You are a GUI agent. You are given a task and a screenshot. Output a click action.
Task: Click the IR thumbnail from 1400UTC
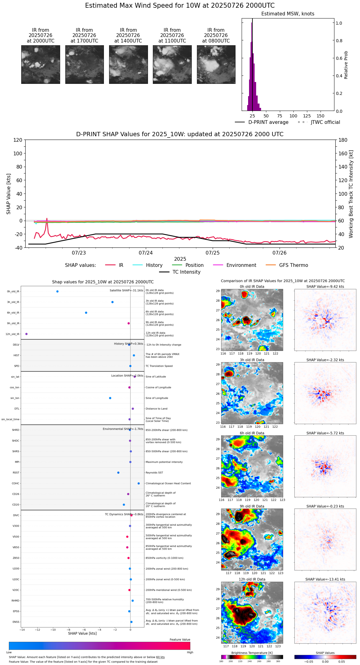point(128,64)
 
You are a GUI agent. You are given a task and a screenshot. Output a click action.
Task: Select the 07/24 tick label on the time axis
point(146,253)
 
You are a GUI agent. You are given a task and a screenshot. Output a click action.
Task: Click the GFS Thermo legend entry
point(293,265)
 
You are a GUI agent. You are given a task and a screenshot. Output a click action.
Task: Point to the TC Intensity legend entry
point(186,272)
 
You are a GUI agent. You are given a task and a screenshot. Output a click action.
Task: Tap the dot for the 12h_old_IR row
point(27,334)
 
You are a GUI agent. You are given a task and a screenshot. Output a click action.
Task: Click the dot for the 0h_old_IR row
point(57,292)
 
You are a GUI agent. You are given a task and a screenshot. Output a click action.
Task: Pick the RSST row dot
point(118,473)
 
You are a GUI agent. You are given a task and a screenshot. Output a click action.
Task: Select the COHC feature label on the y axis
point(15,483)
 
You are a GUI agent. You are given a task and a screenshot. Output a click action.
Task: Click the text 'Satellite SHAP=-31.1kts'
point(126,291)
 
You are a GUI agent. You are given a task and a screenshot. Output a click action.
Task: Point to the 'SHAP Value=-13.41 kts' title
point(325,579)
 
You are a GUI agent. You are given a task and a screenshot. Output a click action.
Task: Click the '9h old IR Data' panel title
point(252,506)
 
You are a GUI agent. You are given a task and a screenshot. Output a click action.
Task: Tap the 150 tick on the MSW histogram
point(321,116)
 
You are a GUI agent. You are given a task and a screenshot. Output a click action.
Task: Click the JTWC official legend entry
point(325,122)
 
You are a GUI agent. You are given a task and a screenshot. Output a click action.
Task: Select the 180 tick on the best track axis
point(343,140)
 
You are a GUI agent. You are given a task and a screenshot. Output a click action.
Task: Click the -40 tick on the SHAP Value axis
point(18,248)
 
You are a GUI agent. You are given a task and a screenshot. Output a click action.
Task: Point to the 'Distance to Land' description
point(156,409)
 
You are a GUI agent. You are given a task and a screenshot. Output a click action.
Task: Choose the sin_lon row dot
point(110,398)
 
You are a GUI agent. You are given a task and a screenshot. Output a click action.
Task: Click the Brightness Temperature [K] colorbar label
point(252,653)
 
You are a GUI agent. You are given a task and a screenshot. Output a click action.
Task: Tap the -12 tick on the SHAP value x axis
point(38,630)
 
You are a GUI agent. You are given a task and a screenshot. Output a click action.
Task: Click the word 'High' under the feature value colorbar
point(190,652)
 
